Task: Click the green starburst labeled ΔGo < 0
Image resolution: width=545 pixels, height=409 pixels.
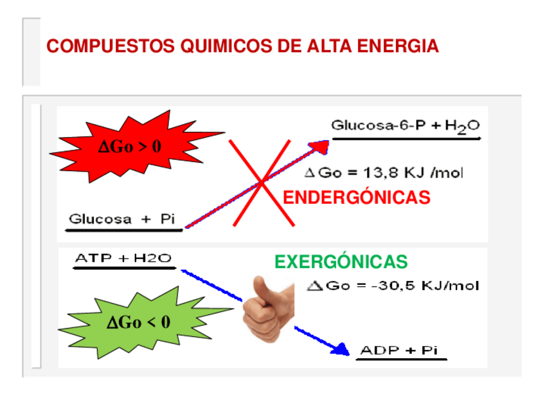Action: tap(139, 322)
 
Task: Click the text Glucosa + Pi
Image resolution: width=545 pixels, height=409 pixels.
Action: tap(122, 219)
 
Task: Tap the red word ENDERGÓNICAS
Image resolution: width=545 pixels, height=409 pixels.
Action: tap(357, 197)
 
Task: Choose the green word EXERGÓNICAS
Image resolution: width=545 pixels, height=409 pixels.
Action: tap(341, 262)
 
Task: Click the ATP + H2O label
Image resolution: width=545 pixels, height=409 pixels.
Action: tap(123, 259)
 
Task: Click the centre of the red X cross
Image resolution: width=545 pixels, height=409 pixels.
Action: tap(262, 183)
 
